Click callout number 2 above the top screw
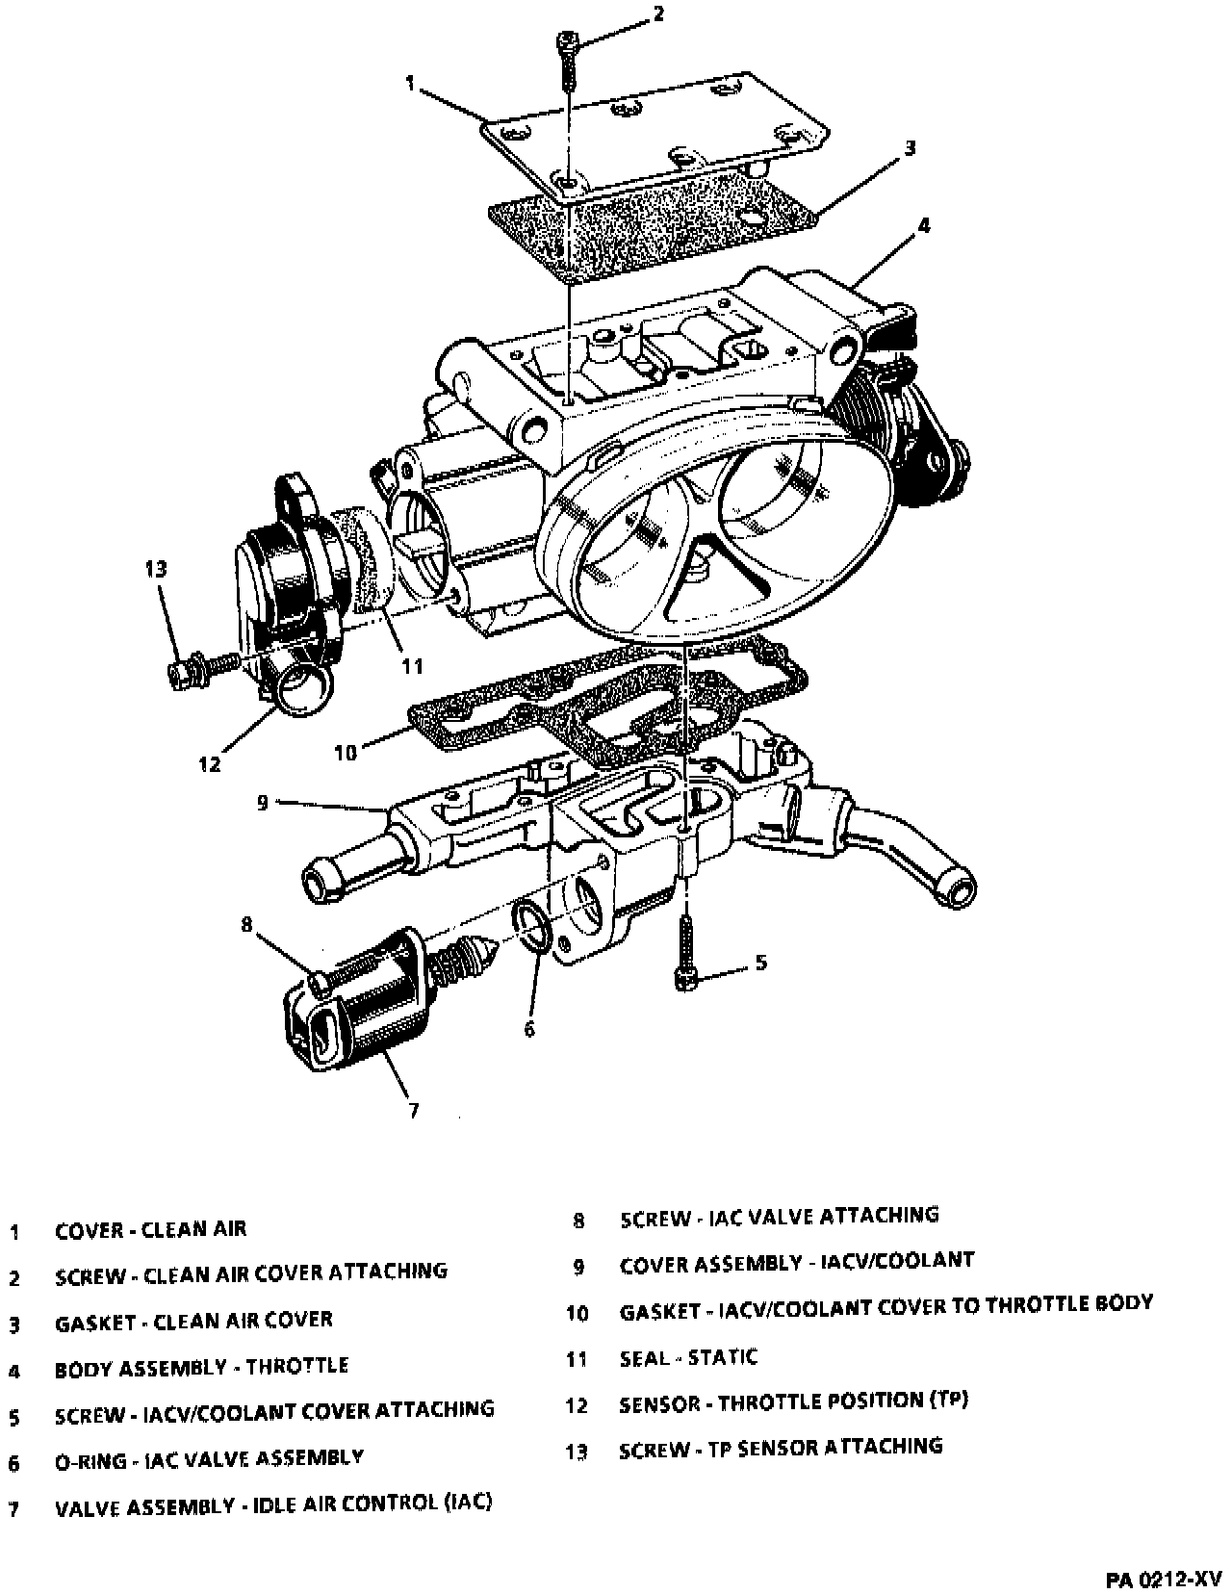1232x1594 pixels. (657, 13)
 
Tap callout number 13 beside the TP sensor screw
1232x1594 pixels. (155, 569)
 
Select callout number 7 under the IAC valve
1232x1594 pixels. (414, 1111)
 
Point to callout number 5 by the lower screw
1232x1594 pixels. (760, 962)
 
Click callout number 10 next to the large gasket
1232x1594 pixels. (345, 752)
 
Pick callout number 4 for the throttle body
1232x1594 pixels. (923, 227)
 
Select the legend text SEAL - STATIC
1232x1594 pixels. (688, 1358)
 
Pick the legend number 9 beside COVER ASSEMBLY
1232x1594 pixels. (578, 1267)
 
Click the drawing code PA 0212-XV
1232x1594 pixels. (1162, 1580)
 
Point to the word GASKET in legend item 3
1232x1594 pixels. (94, 1322)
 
